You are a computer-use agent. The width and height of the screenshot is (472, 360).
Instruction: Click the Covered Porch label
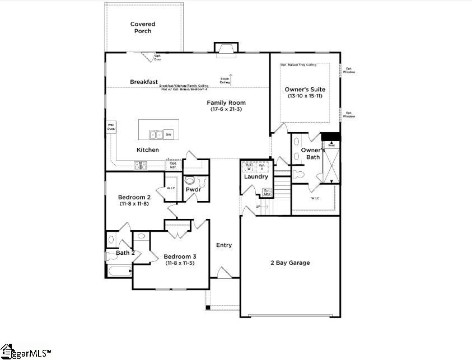pos(143,27)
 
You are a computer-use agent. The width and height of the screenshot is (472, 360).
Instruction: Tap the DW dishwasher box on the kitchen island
pos(169,134)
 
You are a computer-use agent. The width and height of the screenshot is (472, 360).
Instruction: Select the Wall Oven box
pos(111,127)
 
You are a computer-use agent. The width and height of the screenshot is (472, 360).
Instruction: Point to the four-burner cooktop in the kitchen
pos(140,165)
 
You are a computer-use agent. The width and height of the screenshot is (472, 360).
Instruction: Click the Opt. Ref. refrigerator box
pos(173,165)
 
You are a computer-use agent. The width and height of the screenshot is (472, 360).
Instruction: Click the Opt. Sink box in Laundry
pos(267,192)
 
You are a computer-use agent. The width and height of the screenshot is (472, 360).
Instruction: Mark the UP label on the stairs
pos(258,206)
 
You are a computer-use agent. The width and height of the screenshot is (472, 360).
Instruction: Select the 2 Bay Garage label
pos(289,263)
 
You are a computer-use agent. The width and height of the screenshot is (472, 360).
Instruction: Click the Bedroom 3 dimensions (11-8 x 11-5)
pos(180,263)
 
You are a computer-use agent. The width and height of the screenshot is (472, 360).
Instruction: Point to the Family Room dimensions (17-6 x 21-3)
pos(226,109)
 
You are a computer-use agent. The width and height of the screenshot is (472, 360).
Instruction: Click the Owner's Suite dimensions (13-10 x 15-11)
pos(305,96)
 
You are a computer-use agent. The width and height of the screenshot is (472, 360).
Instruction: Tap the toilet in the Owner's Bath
pos(298,175)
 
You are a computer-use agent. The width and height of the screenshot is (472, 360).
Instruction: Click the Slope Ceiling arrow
pos(230,76)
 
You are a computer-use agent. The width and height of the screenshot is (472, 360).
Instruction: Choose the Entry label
pos(224,245)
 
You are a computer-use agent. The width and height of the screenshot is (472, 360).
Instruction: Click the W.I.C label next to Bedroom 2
pos(171,188)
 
